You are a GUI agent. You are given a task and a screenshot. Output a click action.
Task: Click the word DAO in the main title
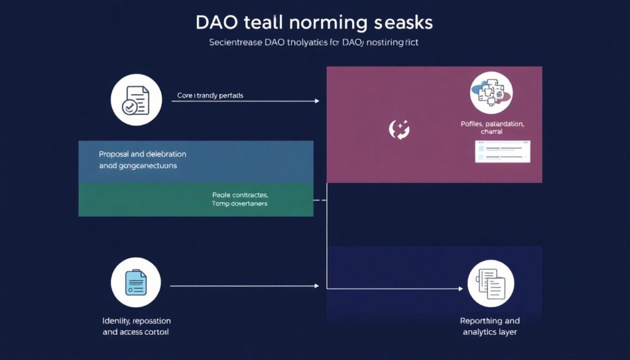point(216,23)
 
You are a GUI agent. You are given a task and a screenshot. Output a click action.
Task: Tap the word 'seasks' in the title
point(403,23)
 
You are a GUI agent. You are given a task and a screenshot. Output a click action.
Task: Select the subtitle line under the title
point(314,44)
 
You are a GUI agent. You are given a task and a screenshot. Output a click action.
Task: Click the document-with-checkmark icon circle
point(135,101)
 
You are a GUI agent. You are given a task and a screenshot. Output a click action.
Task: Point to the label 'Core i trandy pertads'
point(211,96)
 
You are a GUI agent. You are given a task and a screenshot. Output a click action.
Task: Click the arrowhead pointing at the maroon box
point(317,101)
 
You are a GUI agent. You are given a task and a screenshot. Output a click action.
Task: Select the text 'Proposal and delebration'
point(142,154)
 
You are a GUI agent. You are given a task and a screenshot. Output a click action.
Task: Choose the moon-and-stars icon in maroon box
point(399,129)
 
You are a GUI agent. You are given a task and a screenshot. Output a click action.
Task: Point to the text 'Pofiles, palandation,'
point(492,124)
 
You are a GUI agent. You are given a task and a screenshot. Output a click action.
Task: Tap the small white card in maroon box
point(502,151)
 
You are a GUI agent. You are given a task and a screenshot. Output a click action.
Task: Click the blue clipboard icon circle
point(135,283)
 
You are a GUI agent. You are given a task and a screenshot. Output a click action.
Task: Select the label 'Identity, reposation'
point(136,321)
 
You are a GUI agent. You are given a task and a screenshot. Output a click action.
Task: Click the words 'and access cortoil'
point(136,332)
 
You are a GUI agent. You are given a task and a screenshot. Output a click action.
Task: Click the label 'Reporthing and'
point(490,321)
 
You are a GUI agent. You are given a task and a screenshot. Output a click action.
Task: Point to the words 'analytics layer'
point(490,332)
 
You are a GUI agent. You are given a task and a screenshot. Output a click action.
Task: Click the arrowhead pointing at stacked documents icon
point(460,289)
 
